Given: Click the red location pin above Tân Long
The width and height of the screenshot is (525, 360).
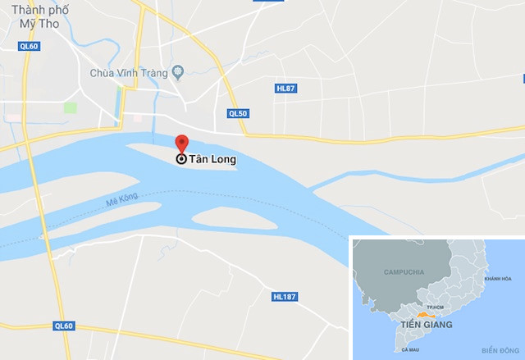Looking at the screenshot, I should click(x=181, y=143).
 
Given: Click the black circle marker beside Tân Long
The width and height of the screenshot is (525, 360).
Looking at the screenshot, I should click(x=181, y=160).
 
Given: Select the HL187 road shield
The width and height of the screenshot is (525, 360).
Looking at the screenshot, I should click(x=282, y=296).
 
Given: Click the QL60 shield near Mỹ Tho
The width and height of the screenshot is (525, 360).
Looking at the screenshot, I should click(x=29, y=46).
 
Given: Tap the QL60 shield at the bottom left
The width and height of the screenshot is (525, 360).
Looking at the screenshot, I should click(x=63, y=326).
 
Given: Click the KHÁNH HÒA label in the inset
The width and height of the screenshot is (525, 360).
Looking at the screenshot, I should click(x=497, y=279).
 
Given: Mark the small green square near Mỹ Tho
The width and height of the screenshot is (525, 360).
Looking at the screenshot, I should click(x=71, y=107).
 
